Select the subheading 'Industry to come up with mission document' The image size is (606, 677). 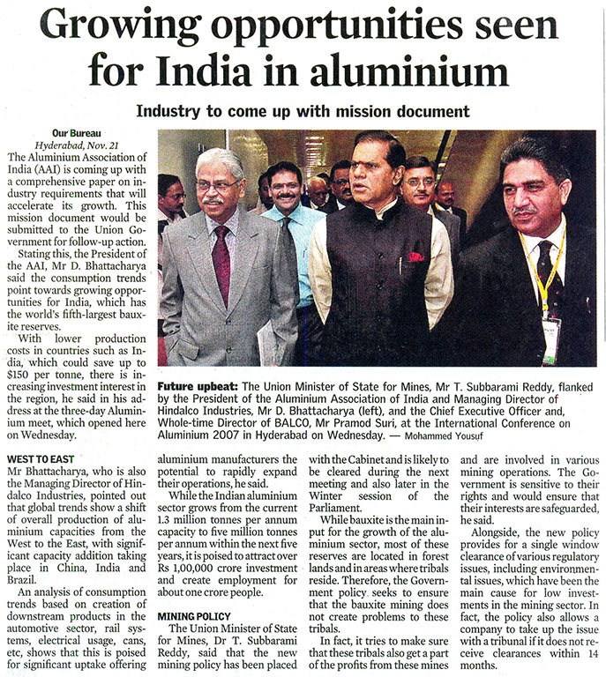(302, 112)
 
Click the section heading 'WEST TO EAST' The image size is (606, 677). (43, 459)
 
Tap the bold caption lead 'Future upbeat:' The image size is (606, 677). (198, 387)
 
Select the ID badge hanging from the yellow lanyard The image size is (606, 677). (550, 340)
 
